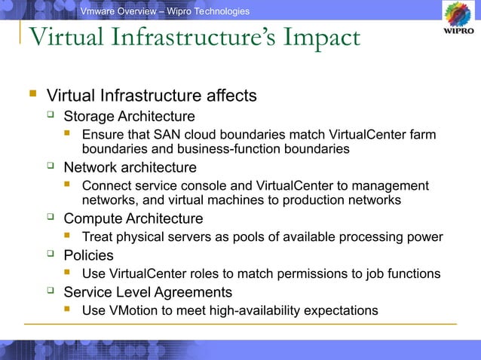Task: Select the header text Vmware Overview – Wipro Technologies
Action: [x=165, y=11]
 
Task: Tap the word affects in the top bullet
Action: [x=231, y=96]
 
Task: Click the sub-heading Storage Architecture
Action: [x=129, y=117]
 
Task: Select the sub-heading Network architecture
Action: [x=130, y=167]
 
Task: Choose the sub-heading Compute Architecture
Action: [x=133, y=218]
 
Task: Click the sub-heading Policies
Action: [x=88, y=255]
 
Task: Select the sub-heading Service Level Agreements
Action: [x=148, y=291]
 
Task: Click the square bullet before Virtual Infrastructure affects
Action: [x=32, y=96]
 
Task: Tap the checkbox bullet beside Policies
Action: [x=51, y=255]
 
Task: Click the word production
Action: [x=322, y=200]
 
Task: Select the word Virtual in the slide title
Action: [x=64, y=38]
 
